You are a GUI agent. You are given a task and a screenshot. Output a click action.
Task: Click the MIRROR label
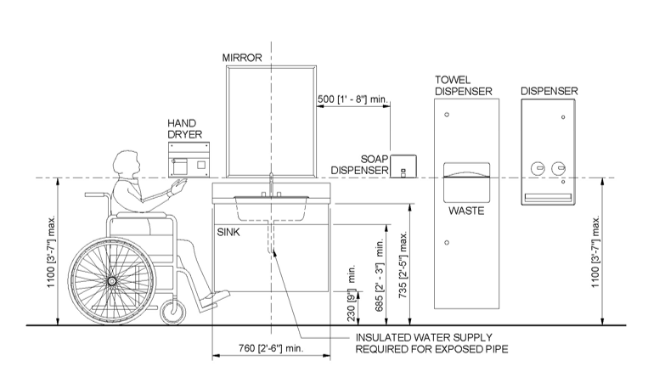coord(242,58)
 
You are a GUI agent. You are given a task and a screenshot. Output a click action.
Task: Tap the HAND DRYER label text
coord(185,129)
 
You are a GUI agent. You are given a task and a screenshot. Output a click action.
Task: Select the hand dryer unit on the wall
coord(189,159)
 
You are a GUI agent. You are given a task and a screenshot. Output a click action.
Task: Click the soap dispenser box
coord(403,166)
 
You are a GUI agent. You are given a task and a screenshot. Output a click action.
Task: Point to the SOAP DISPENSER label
coord(360,165)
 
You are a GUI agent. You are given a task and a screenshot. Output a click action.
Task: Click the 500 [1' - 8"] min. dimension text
coord(352,99)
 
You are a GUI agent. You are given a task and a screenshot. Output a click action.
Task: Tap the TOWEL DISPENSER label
coord(463,86)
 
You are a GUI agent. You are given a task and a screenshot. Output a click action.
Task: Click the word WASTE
coord(466,211)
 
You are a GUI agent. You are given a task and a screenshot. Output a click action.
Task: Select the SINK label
coord(228,233)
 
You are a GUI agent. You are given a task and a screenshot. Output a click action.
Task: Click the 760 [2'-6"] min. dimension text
coord(271,348)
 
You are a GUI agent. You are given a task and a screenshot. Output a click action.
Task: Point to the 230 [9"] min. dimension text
coord(352,293)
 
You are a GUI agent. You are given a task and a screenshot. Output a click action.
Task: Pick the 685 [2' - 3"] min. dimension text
coord(380,276)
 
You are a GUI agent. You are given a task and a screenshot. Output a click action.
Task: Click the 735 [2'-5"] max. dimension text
coord(403,264)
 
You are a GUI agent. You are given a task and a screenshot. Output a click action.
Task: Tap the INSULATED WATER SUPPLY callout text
coord(432,343)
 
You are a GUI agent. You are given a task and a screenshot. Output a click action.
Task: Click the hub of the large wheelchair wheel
coord(111,281)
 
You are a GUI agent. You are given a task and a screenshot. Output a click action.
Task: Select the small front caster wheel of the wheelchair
coord(173,312)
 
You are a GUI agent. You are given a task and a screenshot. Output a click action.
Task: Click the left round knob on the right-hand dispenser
coord(537,169)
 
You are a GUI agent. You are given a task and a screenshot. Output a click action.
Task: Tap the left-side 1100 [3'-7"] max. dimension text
coord(51,251)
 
